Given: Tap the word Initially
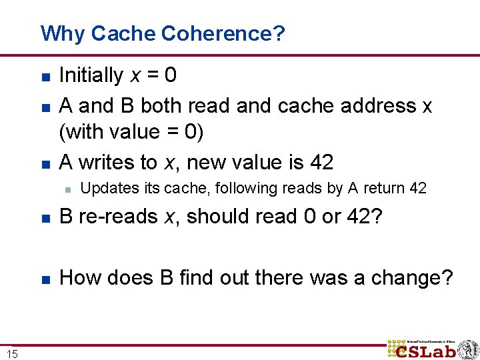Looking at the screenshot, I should [91, 75].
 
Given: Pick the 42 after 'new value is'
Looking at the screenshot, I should [321, 162].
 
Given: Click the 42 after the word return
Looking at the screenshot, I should [418, 189].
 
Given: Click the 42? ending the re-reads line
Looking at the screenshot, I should [365, 218].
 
